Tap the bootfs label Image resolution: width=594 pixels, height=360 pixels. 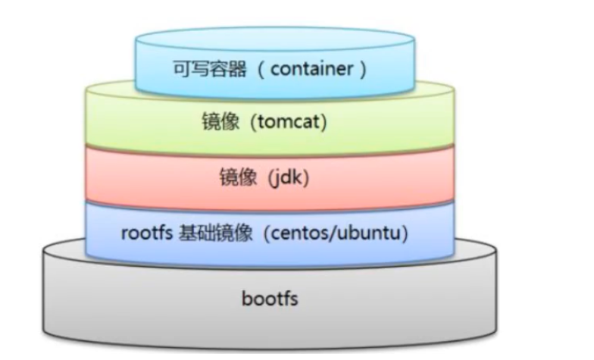click(270, 298)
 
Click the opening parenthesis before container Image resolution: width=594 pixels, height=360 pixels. click(259, 70)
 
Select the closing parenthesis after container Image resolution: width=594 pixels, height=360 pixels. click(362, 70)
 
